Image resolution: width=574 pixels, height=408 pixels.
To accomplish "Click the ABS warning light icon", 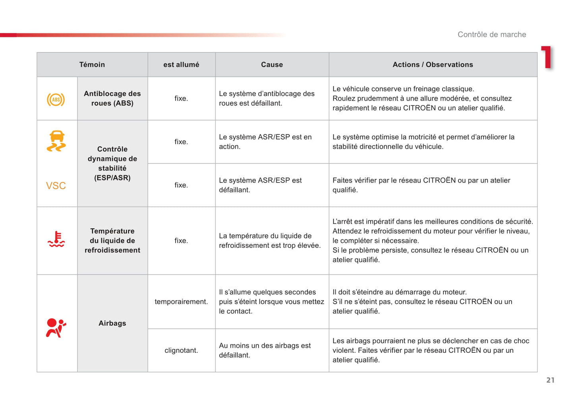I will tap(56, 99).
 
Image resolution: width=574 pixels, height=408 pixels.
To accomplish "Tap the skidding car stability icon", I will tap(56, 141).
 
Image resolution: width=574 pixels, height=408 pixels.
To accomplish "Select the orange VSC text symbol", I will tap(56, 186).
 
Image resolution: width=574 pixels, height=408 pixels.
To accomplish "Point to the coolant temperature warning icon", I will tap(56, 239).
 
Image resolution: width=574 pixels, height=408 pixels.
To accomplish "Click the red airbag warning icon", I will tap(56, 328).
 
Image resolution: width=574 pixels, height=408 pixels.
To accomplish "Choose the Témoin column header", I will tap(92, 64).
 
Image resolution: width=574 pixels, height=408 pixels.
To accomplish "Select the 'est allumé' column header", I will tap(181, 64).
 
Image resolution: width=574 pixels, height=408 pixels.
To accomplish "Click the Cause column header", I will tap(272, 64).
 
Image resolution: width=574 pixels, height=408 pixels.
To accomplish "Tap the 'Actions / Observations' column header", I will tap(433, 64).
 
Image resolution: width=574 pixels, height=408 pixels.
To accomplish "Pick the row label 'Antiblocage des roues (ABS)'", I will tap(112, 98).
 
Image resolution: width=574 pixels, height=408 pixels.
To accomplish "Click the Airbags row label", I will tap(112, 323).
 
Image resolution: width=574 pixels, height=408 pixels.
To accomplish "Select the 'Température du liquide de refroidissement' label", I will tap(112, 241).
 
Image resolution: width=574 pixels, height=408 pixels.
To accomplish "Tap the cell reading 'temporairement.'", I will tap(181, 301).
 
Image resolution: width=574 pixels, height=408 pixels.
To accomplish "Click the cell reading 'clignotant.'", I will tap(181, 350).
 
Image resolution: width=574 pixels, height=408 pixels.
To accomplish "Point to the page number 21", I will tap(550, 380).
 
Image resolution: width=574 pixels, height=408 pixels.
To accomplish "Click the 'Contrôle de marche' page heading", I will tap(491, 35).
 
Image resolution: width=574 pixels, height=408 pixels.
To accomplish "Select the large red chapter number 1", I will tap(547, 57).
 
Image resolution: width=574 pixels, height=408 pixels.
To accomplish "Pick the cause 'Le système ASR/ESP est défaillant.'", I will tap(260, 185).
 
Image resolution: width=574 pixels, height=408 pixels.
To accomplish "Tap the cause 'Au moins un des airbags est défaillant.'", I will tap(265, 350).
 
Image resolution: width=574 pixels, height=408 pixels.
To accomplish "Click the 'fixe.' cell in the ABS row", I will tap(181, 98).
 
